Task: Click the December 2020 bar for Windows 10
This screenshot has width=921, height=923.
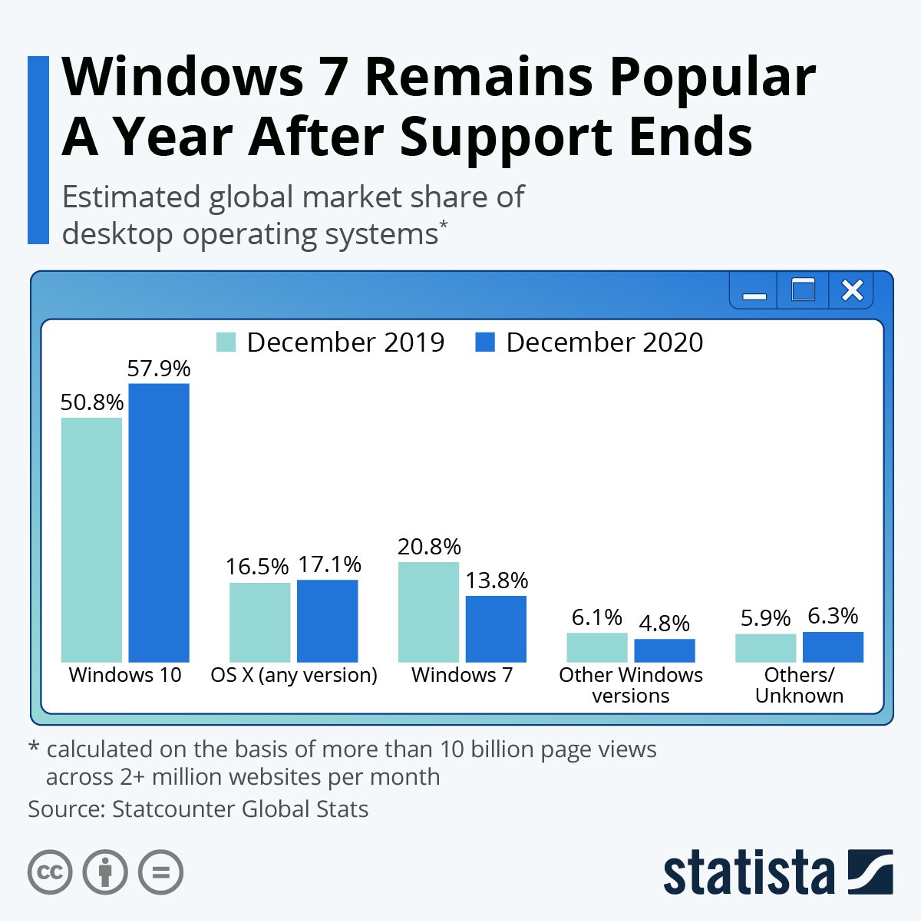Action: click(x=159, y=523)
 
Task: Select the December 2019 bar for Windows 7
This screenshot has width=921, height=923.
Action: click(x=429, y=612)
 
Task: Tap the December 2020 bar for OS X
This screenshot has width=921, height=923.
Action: click(x=328, y=621)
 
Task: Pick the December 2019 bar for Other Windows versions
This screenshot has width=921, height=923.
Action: click(x=597, y=647)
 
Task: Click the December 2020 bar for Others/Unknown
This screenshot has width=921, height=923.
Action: click(x=834, y=647)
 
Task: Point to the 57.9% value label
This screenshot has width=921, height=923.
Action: click(x=159, y=369)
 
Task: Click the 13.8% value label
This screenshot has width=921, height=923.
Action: click(x=497, y=581)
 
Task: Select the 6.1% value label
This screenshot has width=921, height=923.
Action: click(x=597, y=617)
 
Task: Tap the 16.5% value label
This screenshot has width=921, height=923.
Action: click(x=258, y=567)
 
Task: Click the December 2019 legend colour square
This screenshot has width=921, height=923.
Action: click(x=226, y=342)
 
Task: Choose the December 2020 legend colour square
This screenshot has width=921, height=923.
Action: click(x=485, y=342)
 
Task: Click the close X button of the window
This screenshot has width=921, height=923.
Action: click(x=852, y=291)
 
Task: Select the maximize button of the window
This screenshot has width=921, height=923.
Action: click(x=803, y=289)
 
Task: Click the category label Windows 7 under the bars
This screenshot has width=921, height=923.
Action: click(x=462, y=675)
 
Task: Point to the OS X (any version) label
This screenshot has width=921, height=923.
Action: click(x=294, y=676)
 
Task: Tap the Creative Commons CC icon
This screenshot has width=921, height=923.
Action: click(x=50, y=872)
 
